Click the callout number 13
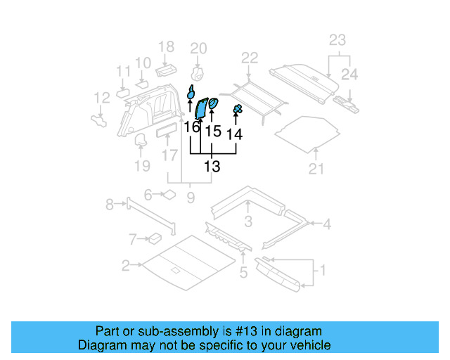click(x=212, y=167)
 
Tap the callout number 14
click(x=235, y=134)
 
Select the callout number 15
click(x=212, y=131)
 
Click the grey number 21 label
click(x=316, y=168)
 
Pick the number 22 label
click(x=250, y=58)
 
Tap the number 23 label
click(x=337, y=40)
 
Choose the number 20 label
click(x=198, y=49)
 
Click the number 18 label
click(x=166, y=47)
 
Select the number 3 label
click(x=248, y=223)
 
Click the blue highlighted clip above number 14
click(x=238, y=109)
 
